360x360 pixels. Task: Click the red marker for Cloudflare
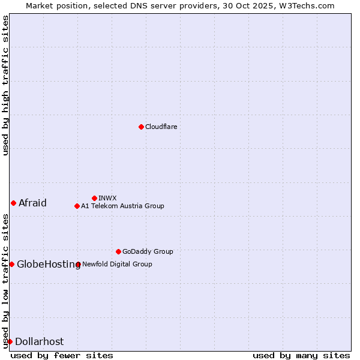coord(141,127)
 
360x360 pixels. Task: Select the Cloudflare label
coord(161,127)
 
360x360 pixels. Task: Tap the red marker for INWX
coord(94,198)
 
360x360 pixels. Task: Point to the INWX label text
coord(107,198)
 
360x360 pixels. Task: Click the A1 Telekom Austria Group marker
coord(77,206)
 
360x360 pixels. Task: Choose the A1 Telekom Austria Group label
coord(122,206)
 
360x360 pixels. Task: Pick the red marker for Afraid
coord(13,203)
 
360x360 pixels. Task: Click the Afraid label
coord(32,203)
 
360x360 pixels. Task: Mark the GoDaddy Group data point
coord(118,251)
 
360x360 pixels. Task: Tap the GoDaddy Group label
coord(148,251)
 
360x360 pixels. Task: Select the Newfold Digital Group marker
coord(78,264)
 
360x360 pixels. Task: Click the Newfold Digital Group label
coord(117,264)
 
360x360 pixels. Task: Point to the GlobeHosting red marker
coord(11,264)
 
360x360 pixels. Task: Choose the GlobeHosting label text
coord(48,264)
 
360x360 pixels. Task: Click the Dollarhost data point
coord(10,341)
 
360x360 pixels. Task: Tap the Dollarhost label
coord(39,341)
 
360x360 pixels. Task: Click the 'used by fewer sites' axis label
coord(62,355)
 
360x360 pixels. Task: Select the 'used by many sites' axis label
coord(301,355)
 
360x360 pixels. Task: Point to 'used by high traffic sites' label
coord(5,86)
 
